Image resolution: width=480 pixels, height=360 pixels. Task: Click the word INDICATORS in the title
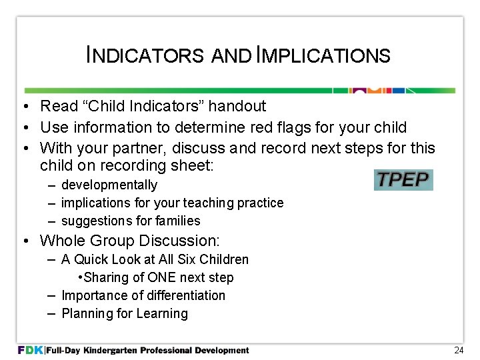tap(145, 55)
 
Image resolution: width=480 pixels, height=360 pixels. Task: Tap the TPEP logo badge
tap(403, 180)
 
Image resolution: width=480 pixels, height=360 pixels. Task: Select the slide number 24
tap(458, 350)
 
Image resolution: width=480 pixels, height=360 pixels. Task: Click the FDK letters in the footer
tap(31, 350)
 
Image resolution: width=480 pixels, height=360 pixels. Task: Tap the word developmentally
tap(109, 185)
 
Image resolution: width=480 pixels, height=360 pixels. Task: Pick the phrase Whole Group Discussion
tap(130, 240)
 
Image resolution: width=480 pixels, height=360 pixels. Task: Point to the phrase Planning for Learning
tap(125, 313)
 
